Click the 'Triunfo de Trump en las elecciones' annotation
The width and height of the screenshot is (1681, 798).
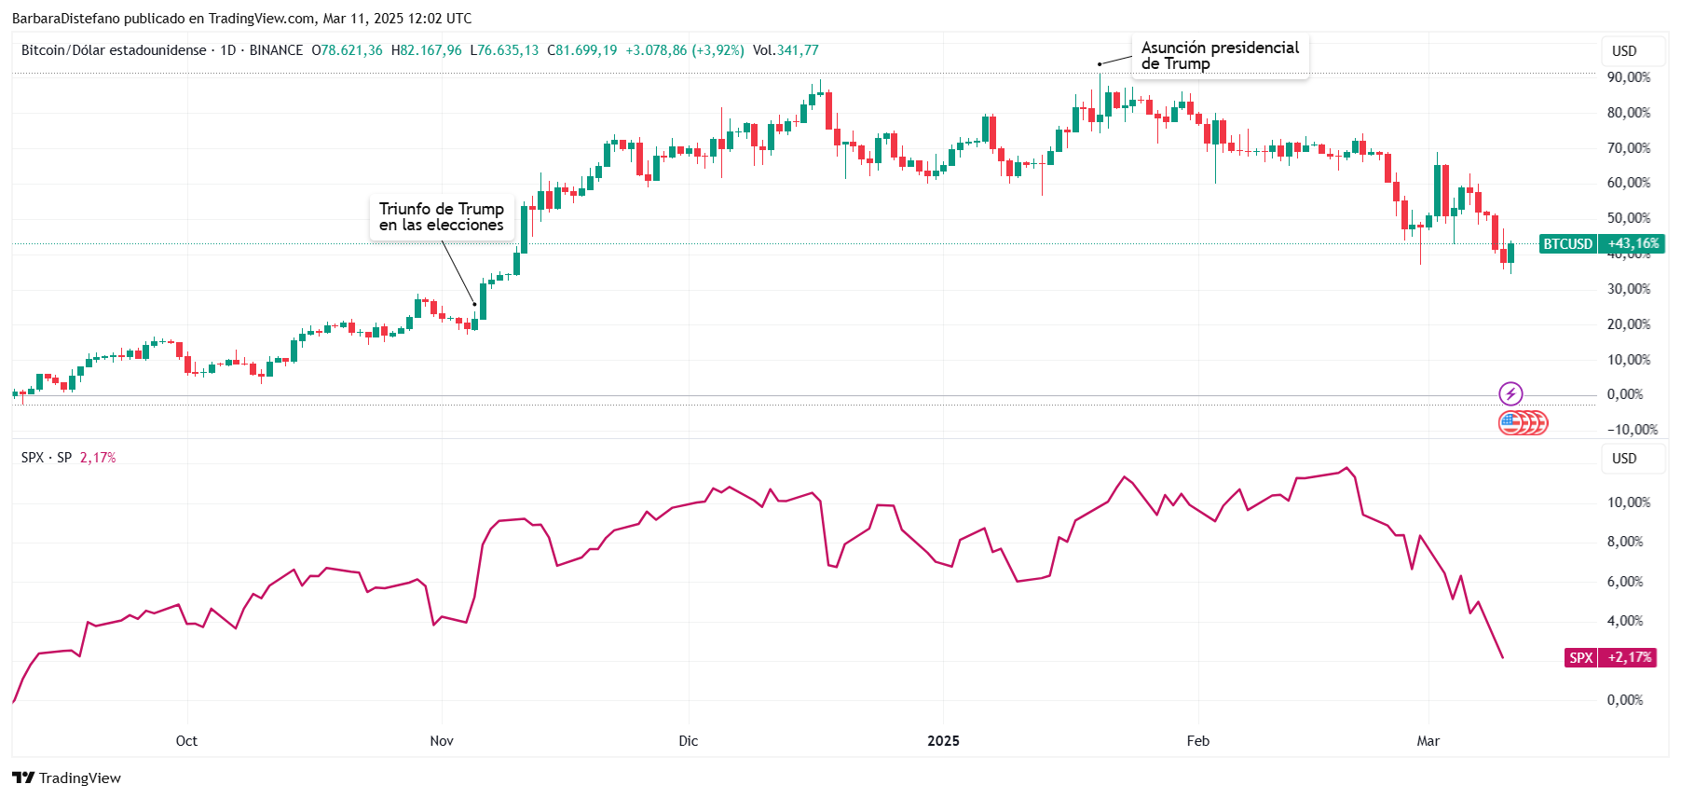pos(441,217)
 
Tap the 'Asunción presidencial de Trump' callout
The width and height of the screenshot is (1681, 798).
pos(1220,56)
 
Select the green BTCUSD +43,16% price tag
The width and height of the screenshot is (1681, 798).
pos(1601,244)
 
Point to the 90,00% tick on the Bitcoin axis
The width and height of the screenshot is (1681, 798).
pos(1628,77)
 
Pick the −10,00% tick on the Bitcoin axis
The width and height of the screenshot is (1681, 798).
pos(1633,430)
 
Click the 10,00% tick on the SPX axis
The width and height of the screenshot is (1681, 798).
pos(1628,502)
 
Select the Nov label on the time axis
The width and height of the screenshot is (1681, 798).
pos(442,741)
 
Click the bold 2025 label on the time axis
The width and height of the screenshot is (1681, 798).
pos(943,741)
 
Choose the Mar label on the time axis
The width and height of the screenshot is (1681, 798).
pos(1428,741)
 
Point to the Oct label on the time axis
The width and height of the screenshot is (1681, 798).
pos(186,741)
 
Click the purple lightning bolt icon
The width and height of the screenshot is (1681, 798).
pos(1510,393)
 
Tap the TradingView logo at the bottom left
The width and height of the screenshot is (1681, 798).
pos(67,777)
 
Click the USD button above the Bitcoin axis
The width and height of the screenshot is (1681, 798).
pos(1624,51)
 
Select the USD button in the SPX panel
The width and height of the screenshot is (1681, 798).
pos(1624,459)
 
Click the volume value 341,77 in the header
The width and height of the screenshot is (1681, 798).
pos(798,50)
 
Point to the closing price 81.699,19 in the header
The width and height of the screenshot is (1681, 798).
pos(586,50)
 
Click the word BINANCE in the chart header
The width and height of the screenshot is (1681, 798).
pos(276,50)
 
